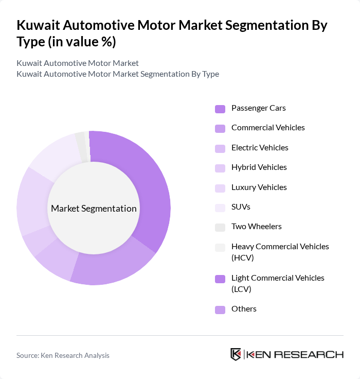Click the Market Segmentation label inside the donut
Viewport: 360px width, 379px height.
point(94,209)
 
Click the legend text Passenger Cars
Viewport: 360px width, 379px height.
point(258,108)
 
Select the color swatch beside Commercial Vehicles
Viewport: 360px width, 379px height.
point(220,128)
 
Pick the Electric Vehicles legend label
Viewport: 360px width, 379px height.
point(260,148)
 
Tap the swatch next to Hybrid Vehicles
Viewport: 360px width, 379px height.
point(220,168)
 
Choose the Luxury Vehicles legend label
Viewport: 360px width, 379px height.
point(259,187)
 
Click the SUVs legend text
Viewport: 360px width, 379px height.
point(241,207)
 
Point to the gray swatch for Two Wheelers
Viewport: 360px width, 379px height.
point(220,227)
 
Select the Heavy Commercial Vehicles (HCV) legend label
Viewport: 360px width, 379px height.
point(280,252)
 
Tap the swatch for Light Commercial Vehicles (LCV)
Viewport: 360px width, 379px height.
point(220,279)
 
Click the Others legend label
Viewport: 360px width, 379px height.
point(244,309)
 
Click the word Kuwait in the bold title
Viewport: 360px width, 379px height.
point(41,25)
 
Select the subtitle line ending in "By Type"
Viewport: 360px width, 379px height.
point(118,74)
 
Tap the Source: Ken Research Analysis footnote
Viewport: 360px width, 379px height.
point(63,355)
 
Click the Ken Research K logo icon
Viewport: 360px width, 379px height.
point(236,354)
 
